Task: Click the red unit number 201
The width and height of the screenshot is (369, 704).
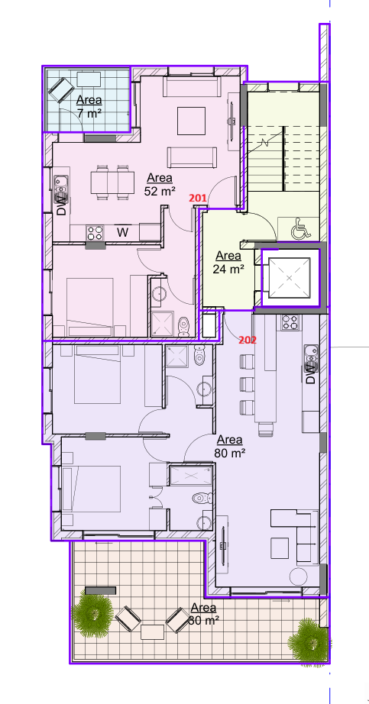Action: pos(199,199)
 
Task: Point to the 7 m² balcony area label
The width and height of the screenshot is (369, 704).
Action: pos(89,107)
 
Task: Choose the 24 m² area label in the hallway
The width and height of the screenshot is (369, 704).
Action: pos(228,263)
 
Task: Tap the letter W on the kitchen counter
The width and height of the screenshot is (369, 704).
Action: pos(122,231)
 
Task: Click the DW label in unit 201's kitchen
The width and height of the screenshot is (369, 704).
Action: pos(60,205)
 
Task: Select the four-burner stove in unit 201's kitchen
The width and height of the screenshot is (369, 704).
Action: pos(95,231)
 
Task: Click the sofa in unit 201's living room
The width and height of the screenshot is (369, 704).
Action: pos(192,157)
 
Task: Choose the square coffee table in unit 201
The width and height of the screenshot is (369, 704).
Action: pos(191,120)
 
